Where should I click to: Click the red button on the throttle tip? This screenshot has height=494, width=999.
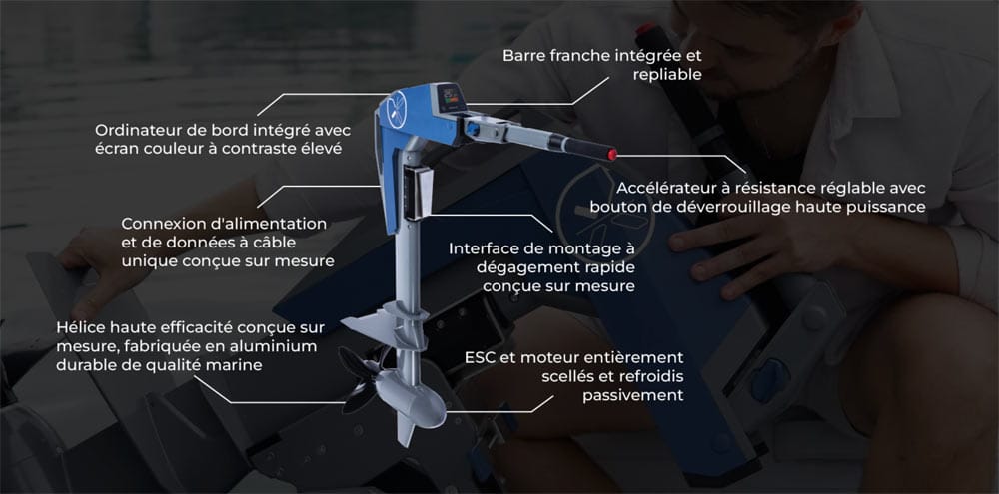pos(612,154)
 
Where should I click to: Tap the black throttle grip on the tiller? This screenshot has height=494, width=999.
pos(585,149)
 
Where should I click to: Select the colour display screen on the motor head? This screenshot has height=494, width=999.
pos(452,96)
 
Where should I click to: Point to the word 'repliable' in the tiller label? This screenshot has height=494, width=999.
pos(667,75)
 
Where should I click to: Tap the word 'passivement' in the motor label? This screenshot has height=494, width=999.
pos(633,396)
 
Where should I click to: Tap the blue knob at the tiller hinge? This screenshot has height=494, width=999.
pos(472,129)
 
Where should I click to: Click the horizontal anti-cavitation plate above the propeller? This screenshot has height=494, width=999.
pos(384,322)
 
